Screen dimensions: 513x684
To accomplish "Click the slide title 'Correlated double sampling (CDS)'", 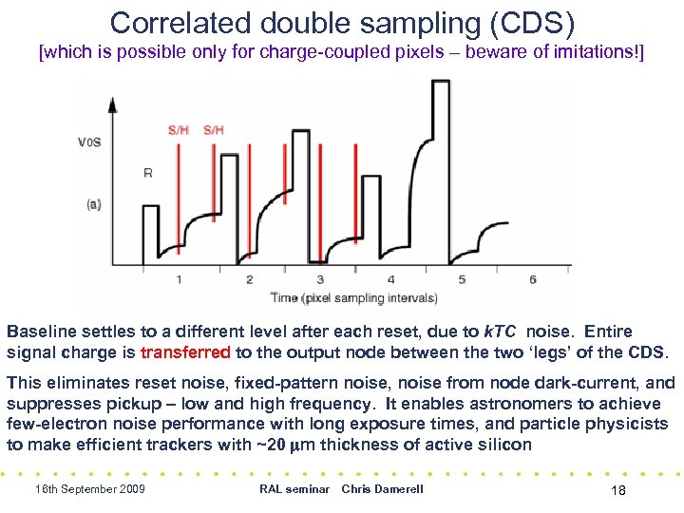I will click(341, 22).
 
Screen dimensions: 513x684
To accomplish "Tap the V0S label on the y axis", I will click(90, 143).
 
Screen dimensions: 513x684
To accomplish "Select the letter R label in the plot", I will click(148, 173).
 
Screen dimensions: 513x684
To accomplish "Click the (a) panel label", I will click(93, 204).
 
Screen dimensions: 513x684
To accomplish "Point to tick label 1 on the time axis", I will click(179, 279).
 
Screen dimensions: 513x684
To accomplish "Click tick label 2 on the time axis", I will click(249, 279).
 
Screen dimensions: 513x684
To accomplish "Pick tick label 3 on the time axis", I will click(320, 279).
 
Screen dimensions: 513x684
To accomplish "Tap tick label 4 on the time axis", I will click(391, 279).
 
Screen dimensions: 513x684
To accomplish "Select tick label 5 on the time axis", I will click(462, 279).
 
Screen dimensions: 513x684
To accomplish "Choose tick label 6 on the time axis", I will click(533, 279).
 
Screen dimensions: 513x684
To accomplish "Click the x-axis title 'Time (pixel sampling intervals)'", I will click(354, 297).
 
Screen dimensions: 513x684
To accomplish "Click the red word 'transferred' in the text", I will click(185, 352).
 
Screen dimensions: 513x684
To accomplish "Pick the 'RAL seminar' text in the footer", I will click(294, 489).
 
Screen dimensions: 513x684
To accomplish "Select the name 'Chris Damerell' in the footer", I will click(382, 489).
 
